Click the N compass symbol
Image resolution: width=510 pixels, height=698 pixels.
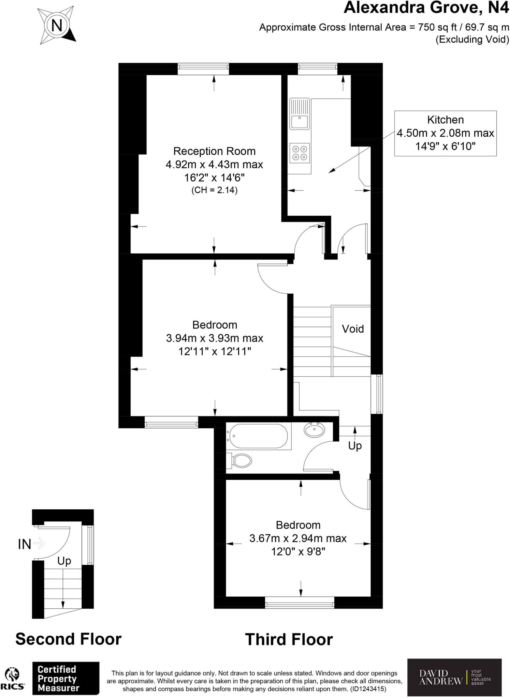57,25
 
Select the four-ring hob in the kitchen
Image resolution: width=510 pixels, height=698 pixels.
300,153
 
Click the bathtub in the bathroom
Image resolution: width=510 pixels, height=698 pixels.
258,436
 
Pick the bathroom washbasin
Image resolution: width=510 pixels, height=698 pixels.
315,430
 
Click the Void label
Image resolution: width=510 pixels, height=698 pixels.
353,329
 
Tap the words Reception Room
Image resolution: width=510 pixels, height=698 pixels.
214,151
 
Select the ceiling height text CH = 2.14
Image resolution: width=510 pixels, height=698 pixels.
214,190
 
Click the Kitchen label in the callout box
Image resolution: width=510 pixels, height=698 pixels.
445,120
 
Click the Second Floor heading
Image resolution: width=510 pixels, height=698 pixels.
68,639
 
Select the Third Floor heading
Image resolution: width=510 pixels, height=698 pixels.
289,639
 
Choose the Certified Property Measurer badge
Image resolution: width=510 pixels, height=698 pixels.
65,678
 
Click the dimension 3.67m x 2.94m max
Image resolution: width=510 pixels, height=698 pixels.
298,538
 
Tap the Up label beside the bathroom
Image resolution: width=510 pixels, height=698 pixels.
355,445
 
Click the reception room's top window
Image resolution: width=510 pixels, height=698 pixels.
203,69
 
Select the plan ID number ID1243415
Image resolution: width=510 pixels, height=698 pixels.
368,689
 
